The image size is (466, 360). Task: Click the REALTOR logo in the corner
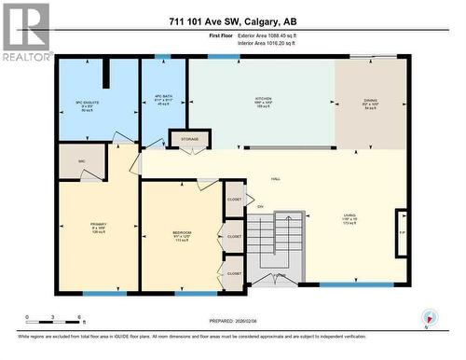pos(26,32)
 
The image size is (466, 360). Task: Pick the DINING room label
pos(371,102)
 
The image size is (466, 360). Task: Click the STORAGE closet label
pos(190,140)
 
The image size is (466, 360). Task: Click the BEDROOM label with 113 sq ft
pos(182,234)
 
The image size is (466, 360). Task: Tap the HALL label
pos(275,179)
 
